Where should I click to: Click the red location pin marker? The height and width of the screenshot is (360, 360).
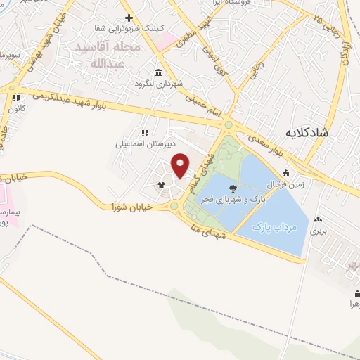[181, 166]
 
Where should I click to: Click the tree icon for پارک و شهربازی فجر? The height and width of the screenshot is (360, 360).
[233, 187]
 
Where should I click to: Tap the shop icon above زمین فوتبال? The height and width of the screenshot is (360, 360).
[285, 173]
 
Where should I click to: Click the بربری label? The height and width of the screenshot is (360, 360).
[319, 230]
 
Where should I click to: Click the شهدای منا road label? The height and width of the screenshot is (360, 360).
[211, 232]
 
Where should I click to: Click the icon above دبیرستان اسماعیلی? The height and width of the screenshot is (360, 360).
[145, 133]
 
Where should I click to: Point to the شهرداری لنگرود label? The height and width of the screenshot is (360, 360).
[160, 84]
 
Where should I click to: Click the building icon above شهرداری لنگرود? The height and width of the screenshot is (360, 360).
[160, 73]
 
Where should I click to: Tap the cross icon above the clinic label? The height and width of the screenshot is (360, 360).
[129, 18]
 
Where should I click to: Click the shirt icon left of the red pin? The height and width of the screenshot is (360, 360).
[161, 185]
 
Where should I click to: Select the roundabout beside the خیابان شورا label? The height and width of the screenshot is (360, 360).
[174, 206]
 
